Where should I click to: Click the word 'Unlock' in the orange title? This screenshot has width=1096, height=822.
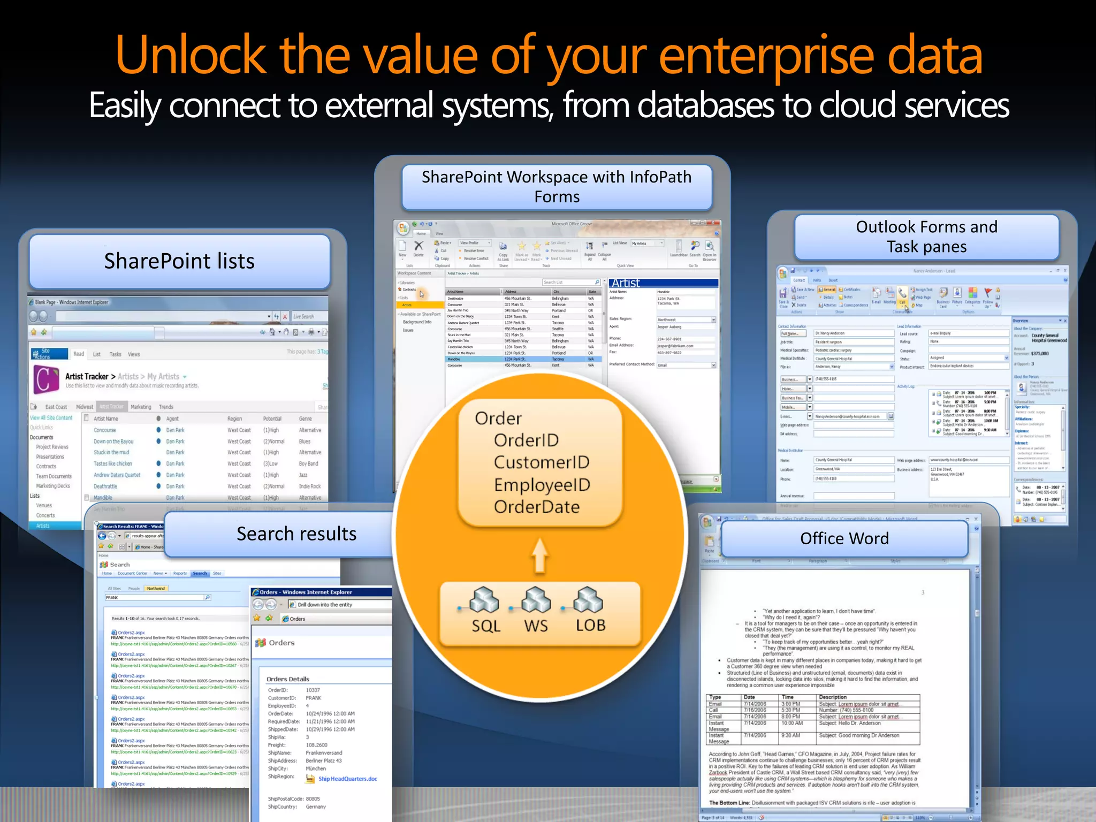[x=190, y=55]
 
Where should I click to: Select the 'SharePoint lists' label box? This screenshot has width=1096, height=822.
[x=179, y=261]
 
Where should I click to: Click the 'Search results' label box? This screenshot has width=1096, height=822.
[x=296, y=534]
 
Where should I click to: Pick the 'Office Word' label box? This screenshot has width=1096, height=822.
[x=844, y=538]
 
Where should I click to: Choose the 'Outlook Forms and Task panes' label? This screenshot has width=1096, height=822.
[x=926, y=237]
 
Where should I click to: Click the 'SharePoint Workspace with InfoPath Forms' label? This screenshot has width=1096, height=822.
[x=557, y=187]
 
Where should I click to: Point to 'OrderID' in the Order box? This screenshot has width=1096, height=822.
[x=526, y=440]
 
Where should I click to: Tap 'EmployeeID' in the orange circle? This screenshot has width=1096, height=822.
[x=542, y=485]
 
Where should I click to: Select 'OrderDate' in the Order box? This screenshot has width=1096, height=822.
[x=536, y=507]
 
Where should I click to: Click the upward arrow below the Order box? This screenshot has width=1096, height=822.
[x=539, y=555]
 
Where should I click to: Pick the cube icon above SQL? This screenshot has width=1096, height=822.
[x=484, y=600]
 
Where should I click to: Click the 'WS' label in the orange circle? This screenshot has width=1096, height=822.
[x=536, y=626]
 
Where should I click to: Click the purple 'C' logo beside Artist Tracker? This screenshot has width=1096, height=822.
[x=46, y=379]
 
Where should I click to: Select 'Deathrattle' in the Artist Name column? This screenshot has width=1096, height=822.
[x=105, y=486]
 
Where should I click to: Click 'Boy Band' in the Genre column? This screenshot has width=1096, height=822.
[x=308, y=464]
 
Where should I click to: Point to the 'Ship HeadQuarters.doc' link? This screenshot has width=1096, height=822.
[x=347, y=779]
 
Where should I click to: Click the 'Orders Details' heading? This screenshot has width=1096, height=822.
[x=288, y=679]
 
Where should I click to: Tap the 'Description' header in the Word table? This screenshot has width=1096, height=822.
[x=833, y=697]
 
